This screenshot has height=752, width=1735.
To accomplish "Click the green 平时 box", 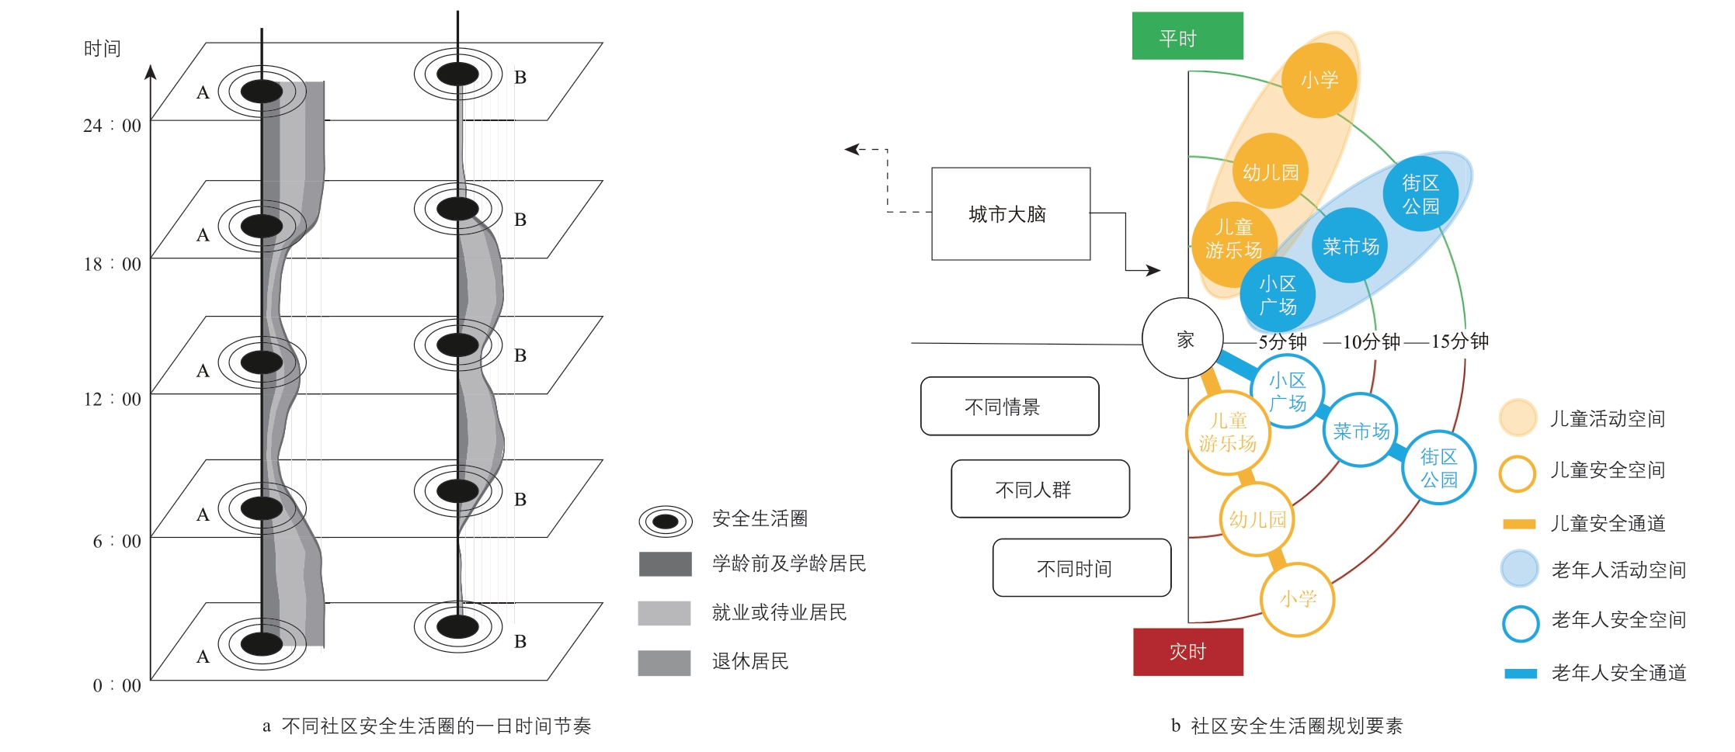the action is pyautogui.click(x=1187, y=36).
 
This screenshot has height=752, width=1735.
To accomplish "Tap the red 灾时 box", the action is pyautogui.click(x=1187, y=651).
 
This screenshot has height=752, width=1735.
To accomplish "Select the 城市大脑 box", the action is pyautogui.click(x=1010, y=213).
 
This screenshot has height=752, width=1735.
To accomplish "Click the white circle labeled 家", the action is pyautogui.click(x=1183, y=338).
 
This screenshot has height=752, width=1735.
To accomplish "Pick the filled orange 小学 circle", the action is pyautogui.click(x=1319, y=80).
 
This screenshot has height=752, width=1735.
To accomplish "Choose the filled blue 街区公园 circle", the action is pyautogui.click(x=1420, y=194).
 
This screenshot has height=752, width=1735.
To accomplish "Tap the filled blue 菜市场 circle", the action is pyautogui.click(x=1350, y=246).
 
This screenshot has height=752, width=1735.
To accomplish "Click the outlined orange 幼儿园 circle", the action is pyautogui.click(x=1257, y=518).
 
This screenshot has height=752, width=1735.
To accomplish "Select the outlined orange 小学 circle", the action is pyautogui.click(x=1297, y=599).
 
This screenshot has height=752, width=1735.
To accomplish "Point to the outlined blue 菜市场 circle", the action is pyautogui.click(x=1361, y=430).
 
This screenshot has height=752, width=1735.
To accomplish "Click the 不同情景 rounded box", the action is pyautogui.click(x=1010, y=406).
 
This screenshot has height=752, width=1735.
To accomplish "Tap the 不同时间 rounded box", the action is pyautogui.click(x=1082, y=567).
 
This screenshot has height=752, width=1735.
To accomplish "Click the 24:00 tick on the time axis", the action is pyautogui.click(x=151, y=120).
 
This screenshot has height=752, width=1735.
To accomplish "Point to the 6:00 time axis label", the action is pyautogui.click(x=117, y=541).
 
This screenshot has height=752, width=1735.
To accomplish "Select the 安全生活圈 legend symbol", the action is pyautogui.click(x=666, y=521).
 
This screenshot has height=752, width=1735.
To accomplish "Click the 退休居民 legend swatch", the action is pyautogui.click(x=664, y=663).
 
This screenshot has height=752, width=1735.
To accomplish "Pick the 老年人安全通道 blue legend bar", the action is pyautogui.click(x=1521, y=674).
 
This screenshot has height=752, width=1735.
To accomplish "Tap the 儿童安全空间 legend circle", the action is pyautogui.click(x=1518, y=473).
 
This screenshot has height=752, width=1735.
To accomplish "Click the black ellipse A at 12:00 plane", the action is pyautogui.click(x=262, y=362).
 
